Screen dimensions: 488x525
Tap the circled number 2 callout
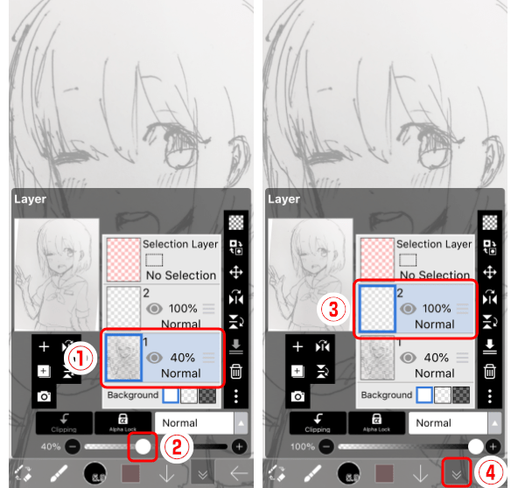[176, 448]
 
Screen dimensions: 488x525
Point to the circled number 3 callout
[330, 308]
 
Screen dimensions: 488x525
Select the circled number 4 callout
[492, 473]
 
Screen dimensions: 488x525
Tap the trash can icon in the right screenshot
[491, 371]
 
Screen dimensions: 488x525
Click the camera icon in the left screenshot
[44, 395]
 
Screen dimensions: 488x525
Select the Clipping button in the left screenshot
[64, 424]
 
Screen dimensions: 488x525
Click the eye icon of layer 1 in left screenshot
[154, 357]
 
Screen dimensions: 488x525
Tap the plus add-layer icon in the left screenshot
[44, 347]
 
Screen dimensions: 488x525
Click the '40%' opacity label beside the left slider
[51, 446]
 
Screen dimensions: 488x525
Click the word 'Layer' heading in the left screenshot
[30, 199]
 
